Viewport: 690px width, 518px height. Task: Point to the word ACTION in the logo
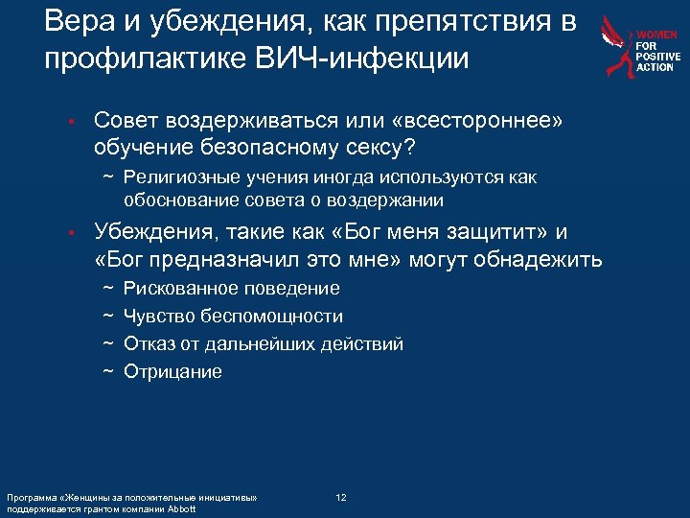(x=656, y=68)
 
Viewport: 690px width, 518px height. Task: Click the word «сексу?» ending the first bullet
(x=380, y=148)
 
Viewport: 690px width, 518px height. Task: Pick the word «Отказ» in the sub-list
(x=148, y=344)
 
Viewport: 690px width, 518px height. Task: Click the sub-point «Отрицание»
(x=173, y=372)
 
